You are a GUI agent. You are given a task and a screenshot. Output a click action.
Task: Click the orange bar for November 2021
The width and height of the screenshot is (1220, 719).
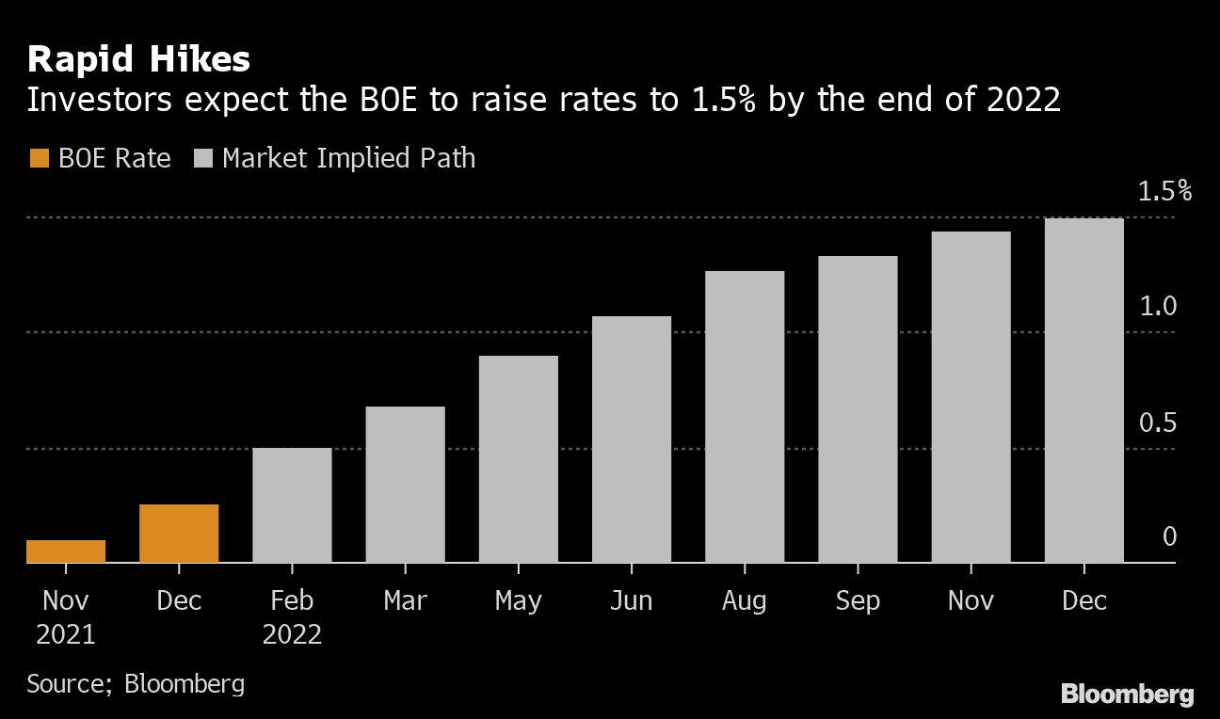pos(66,551)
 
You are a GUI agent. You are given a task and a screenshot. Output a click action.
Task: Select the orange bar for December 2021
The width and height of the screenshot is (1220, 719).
pos(179,534)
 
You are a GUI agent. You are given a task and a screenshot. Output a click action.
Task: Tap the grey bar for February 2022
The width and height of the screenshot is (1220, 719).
pos(292,505)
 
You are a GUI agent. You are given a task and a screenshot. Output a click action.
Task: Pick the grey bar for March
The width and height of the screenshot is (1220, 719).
pos(405,485)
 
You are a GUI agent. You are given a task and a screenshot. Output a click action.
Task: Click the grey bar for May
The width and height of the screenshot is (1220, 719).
pos(518,459)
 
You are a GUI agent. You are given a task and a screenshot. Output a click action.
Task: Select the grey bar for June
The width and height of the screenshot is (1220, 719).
pos(632,439)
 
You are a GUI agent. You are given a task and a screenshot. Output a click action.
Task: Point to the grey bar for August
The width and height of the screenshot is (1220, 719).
pos(745,417)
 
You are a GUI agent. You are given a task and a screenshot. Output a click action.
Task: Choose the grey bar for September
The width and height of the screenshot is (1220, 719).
pos(858,409)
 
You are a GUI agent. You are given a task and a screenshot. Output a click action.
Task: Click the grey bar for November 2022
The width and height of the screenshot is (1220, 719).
pos(971,397)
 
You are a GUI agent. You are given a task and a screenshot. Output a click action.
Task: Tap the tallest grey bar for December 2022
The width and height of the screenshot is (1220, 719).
pos(1084,391)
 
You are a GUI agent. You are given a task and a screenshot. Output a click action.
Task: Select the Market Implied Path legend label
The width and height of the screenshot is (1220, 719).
pos(348,158)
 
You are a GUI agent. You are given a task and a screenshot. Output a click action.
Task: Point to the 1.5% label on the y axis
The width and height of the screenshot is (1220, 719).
pos(1164,192)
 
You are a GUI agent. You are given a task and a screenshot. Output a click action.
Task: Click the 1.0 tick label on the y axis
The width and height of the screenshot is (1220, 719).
pos(1158,307)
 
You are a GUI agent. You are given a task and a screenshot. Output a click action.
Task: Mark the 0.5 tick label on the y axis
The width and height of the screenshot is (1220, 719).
pos(1158,423)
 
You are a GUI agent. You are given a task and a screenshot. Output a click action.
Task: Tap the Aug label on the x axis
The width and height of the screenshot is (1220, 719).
pos(745,600)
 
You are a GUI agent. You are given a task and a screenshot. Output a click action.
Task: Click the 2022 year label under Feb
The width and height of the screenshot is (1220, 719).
pos(292,634)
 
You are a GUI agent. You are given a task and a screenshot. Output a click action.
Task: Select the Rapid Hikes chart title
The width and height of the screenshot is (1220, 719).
pos(138,60)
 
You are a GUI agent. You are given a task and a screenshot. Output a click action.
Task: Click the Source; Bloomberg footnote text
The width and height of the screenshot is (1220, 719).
pos(136,682)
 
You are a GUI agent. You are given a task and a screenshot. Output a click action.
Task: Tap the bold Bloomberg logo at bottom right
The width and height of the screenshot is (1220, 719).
pos(1127,695)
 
